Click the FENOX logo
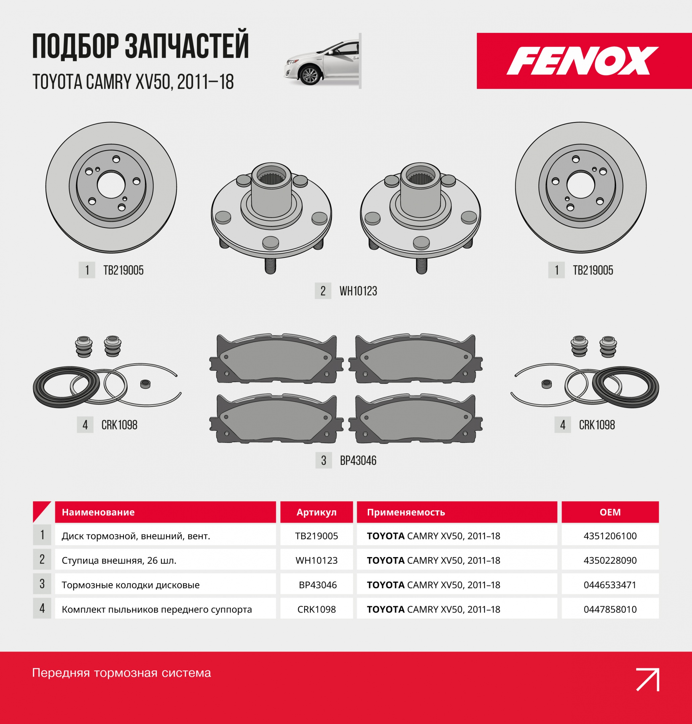(x=583, y=61)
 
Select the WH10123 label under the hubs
(x=358, y=291)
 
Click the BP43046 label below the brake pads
(x=358, y=461)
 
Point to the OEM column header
(x=610, y=512)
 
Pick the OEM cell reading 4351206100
(x=610, y=536)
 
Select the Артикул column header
(x=316, y=512)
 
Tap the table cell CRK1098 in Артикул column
(x=316, y=609)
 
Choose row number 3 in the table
(x=42, y=584)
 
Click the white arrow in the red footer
(x=648, y=679)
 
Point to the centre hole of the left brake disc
(x=111, y=184)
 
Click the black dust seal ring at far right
(x=626, y=387)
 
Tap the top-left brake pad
(x=276, y=359)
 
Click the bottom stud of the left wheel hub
(x=270, y=266)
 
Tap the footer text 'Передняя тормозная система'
(x=121, y=673)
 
